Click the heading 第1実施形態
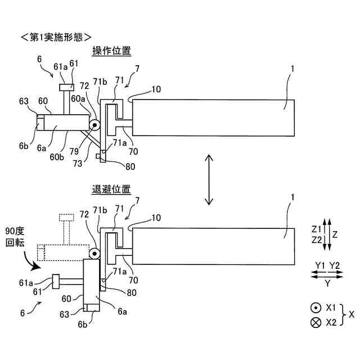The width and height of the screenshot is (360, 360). tap(56, 38)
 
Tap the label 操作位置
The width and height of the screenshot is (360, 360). tap(111, 51)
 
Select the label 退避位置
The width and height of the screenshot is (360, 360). tap(111, 190)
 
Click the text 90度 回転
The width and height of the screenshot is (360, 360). tap(15, 236)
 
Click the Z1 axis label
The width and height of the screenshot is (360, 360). tap(316, 229)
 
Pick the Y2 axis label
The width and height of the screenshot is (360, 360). tap(335, 264)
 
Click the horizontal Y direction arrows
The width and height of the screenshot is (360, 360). tap(327, 273)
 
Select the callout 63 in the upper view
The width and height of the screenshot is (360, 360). tap(24, 101)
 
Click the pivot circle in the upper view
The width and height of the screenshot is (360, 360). tap(93, 125)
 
